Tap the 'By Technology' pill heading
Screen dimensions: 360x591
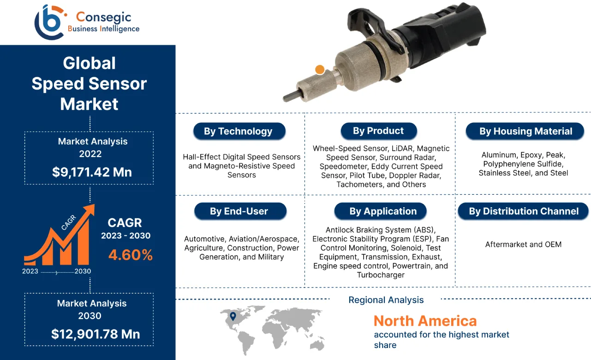coord(238,132)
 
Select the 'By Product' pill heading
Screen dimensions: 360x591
coord(378,131)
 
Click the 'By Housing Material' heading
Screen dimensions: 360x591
coord(525,132)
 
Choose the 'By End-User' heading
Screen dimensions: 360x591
coord(239,211)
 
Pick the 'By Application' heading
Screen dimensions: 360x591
coord(383,212)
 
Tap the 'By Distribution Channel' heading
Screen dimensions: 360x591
coord(524,211)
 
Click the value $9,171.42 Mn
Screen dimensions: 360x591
coord(92,172)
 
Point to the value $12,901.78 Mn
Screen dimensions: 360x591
coord(96,334)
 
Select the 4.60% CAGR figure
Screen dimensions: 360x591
coord(131,255)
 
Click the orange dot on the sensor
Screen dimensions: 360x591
coord(319,70)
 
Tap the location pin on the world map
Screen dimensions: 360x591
coord(233,316)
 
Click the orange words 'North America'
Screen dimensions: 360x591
coord(425,321)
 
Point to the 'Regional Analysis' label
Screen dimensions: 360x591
coord(386,300)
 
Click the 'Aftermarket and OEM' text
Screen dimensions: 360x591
coord(523,244)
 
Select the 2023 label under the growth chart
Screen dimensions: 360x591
coord(30,271)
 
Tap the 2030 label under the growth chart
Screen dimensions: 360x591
coord(83,271)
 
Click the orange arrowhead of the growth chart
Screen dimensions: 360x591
coord(88,210)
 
